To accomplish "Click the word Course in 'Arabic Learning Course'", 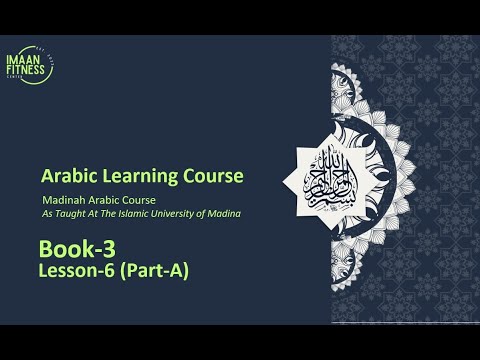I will click(209, 177).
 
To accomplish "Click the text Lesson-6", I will click(74, 270).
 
